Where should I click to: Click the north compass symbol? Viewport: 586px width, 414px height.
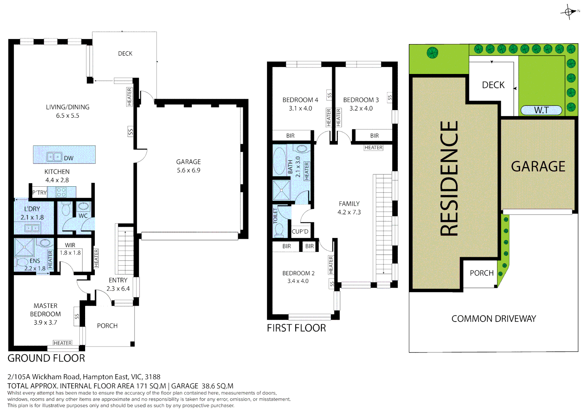569,12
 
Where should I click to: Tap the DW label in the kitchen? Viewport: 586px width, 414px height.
69,158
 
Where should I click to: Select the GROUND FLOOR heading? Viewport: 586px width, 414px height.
46,358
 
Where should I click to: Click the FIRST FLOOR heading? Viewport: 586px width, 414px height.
296,328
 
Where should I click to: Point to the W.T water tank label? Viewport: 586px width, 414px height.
541,110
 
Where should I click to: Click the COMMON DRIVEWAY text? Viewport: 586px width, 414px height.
493,319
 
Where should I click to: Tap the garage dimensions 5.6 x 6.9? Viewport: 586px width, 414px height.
188,170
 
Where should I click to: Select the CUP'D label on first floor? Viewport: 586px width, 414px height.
300,232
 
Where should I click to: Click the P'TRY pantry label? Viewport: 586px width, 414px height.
39,192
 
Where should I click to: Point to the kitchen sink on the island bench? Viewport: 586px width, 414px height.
54,157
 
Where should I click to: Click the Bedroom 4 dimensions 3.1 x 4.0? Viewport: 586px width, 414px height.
300,108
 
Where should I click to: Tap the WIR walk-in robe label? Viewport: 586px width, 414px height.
70,245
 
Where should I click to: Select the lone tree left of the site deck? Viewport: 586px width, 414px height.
432,53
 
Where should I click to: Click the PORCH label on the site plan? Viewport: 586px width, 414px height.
481,273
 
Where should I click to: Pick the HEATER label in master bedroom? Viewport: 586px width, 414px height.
63,343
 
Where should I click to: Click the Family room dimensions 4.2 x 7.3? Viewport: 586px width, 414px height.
349,212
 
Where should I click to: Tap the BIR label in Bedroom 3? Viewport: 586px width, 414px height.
374,136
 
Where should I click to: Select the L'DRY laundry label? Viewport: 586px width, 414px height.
32,209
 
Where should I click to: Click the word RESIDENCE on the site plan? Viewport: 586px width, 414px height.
449,178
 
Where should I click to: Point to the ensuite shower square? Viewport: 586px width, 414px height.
24,247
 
